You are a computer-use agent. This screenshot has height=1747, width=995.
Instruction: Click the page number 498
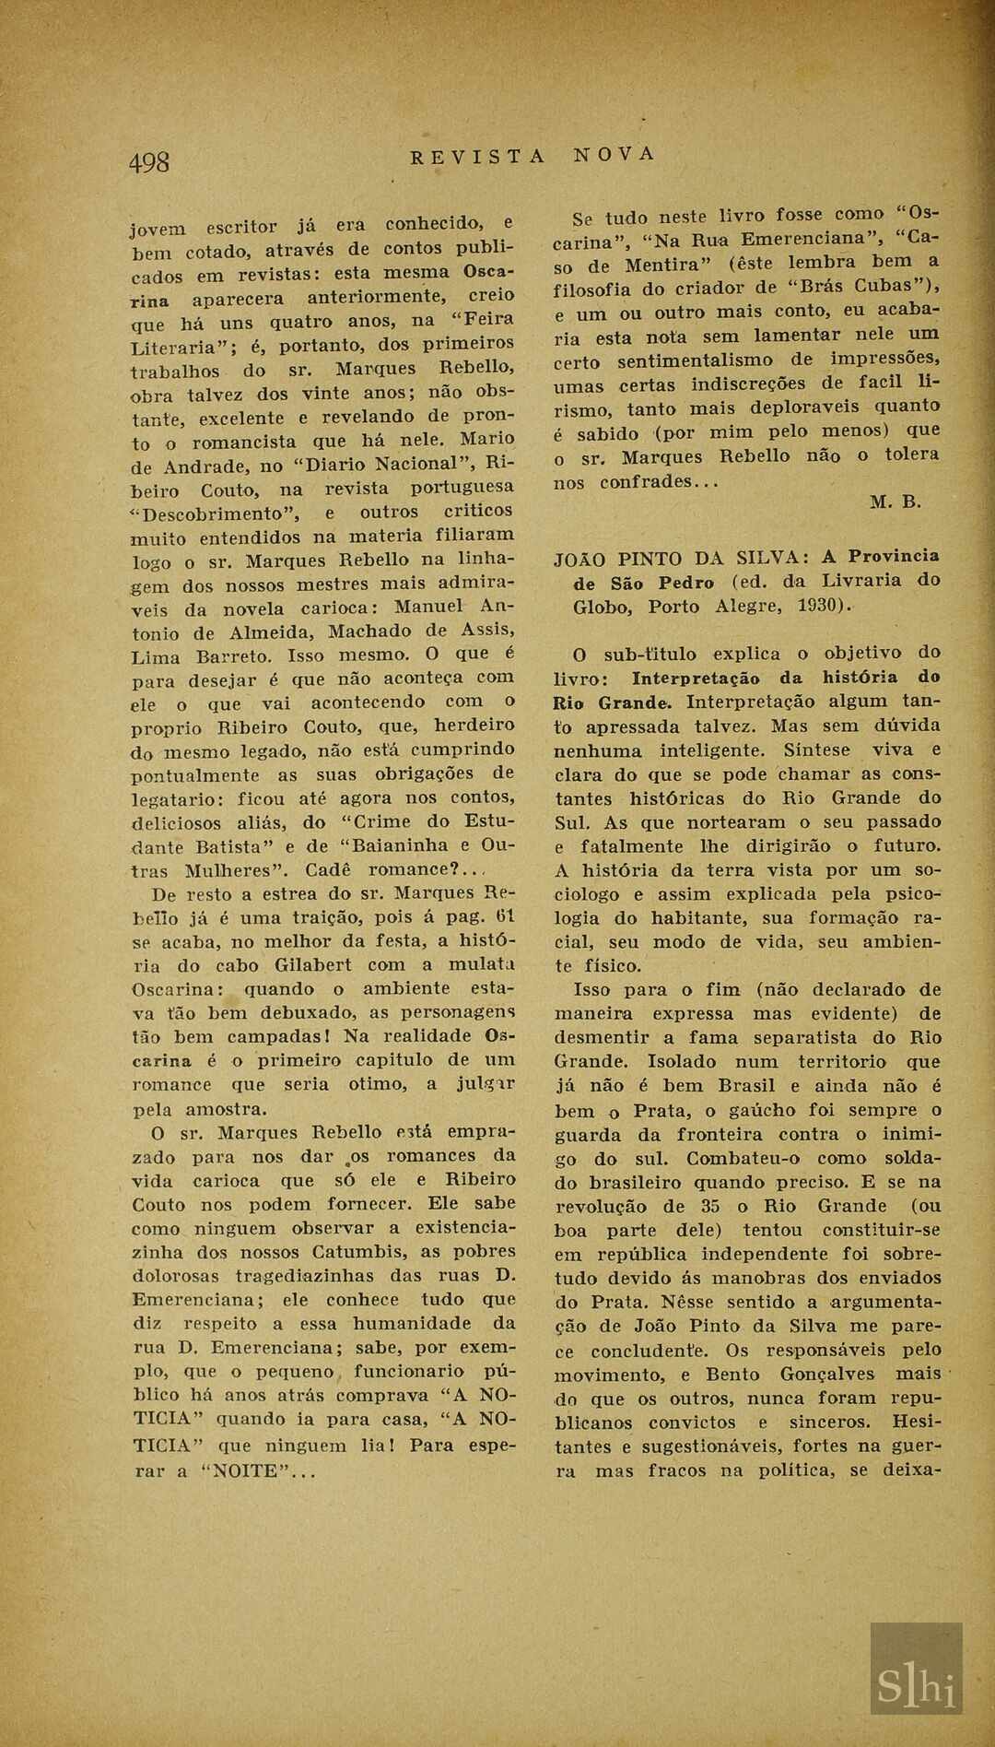tap(149, 162)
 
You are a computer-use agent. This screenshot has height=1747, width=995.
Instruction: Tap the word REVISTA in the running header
tap(478, 157)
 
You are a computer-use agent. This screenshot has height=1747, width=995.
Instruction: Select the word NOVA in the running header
tap(615, 154)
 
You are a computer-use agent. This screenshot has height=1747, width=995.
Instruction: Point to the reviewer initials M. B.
tap(895, 502)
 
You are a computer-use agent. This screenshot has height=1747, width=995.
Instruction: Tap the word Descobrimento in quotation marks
tap(216, 514)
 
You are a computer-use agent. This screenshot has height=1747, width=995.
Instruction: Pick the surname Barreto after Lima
tap(233, 657)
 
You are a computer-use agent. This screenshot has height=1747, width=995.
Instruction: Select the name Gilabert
tap(313, 965)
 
